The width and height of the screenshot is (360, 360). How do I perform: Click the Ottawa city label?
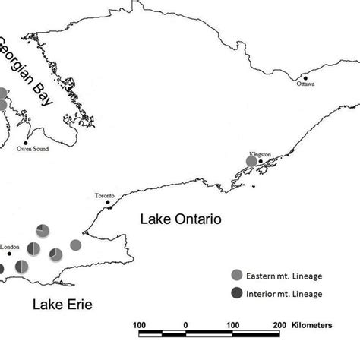(x=305, y=84)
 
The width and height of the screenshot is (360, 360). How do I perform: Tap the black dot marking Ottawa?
(x=305, y=77)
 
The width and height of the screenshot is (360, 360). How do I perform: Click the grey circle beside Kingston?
(x=252, y=161)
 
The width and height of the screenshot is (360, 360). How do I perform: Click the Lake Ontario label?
(x=180, y=219)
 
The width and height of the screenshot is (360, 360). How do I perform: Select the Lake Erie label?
(x=62, y=305)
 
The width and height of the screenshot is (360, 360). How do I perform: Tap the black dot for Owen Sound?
(x=26, y=143)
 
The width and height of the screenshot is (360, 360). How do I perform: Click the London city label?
(x=10, y=247)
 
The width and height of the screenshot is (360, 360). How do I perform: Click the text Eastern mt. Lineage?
(x=285, y=276)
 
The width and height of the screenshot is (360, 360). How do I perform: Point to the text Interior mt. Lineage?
(x=285, y=293)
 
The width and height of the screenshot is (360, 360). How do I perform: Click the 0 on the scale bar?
(x=185, y=325)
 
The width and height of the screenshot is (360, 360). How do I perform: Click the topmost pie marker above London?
(x=43, y=230)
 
